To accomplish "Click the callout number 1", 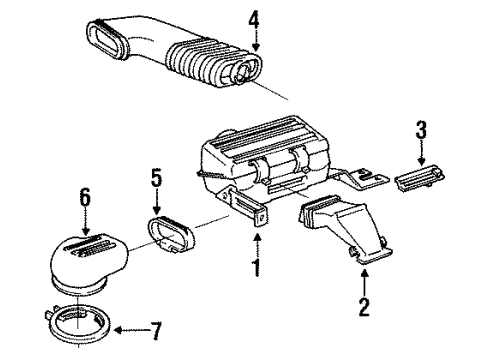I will (257, 268).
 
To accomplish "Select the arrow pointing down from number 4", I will (255, 41).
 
